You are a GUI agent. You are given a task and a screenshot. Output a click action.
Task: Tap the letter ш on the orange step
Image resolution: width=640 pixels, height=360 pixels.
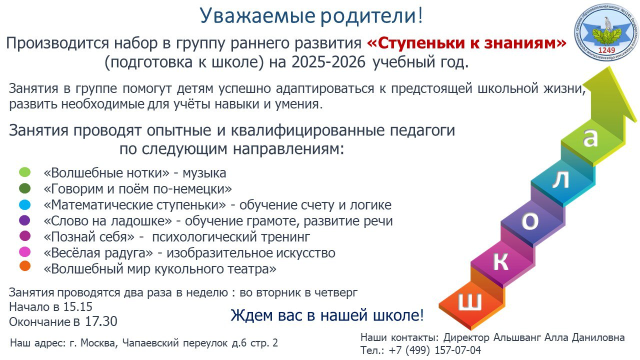[470, 301]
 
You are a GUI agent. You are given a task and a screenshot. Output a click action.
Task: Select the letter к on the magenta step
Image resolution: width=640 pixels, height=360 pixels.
[501, 261]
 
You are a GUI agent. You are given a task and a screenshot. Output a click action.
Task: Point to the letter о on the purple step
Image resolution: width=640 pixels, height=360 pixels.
[530, 221]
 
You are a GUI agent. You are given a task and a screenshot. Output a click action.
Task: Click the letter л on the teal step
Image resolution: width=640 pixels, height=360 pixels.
[560, 180]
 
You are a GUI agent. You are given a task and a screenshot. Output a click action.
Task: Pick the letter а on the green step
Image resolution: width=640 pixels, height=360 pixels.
[590, 138]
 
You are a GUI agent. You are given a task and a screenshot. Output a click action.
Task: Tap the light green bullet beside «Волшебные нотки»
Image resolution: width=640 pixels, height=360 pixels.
[25, 172]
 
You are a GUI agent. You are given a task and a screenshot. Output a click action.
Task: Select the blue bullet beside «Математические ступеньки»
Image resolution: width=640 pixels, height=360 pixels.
[25, 204]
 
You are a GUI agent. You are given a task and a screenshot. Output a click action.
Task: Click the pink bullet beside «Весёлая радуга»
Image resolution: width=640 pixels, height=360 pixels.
[25, 252]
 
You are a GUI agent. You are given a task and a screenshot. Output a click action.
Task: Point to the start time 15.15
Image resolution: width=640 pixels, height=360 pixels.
[77, 307]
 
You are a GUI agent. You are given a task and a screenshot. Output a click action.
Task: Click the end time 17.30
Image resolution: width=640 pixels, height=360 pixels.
[101, 321]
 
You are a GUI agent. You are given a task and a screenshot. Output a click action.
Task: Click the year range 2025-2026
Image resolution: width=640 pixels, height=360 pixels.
[328, 62]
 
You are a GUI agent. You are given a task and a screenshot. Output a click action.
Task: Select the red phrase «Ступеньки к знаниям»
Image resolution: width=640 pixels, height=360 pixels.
[466, 43]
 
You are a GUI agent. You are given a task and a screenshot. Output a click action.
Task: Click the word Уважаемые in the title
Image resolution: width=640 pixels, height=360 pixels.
[257, 16]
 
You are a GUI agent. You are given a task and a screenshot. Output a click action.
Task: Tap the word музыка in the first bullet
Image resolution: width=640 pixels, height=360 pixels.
[204, 173]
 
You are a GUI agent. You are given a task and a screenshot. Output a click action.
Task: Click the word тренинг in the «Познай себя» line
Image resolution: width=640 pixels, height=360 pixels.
[285, 237]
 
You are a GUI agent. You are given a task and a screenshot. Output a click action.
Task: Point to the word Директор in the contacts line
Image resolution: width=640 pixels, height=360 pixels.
[466, 337]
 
